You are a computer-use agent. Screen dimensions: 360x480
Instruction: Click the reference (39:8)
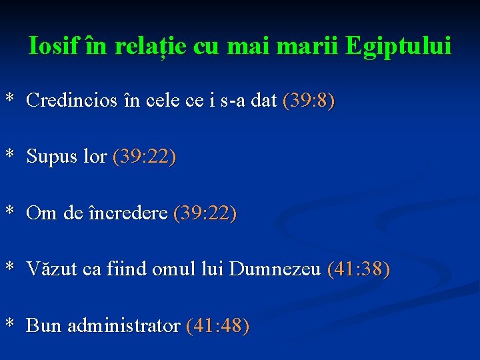tap(309, 101)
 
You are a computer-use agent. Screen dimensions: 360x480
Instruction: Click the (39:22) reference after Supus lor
tap(145, 157)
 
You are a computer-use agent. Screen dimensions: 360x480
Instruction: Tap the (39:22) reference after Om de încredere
tap(205, 213)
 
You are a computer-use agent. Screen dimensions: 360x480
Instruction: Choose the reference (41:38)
tap(359, 269)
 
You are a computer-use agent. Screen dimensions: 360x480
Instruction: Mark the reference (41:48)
tap(218, 326)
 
